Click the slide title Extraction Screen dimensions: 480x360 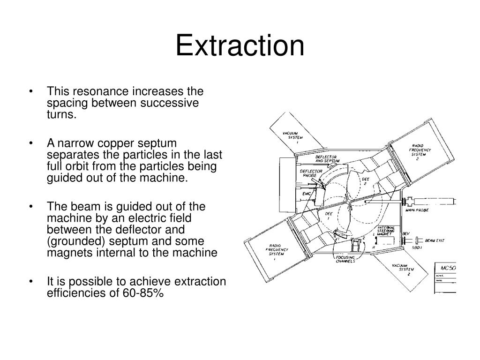pyautogui.click(x=240, y=46)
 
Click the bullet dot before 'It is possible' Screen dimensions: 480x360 pyautogui.click(x=31, y=282)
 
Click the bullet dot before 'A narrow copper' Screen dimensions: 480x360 pyautogui.click(x=31, y=143)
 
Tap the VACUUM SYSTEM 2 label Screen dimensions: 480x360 pyautogui.click(x=405, y=270)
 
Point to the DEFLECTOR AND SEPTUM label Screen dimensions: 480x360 pyautogui.click(x=327, y=159)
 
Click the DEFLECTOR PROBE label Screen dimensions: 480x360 pyautogui.click(x=311, y=174)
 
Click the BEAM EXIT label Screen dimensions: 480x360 pyautogui.click(x=435, y=240)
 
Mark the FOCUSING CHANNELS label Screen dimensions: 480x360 pyautogui.click(x=345, y=259)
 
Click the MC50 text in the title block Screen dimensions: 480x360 pyautogui.click(x=449, y=268)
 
